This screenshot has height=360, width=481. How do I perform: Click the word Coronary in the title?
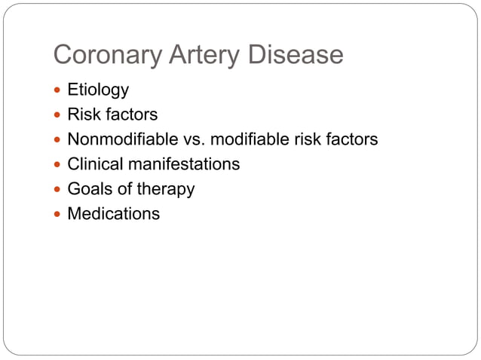(x=105, y=55)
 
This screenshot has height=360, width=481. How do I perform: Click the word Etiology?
(x=98, y=90)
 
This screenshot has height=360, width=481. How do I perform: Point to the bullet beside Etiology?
(x=58, y=90)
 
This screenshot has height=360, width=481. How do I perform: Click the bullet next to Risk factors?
(x=58, y=115)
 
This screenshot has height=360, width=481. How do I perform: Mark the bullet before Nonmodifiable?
(x=58, y=140)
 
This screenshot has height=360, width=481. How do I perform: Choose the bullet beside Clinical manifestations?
(x=58, y=164)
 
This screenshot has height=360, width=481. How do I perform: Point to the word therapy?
(x=166, y=189)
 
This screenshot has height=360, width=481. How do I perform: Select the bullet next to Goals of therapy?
(x=58, y=189)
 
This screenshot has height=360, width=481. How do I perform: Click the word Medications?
(x=113, y=213)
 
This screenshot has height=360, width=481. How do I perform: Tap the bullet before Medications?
(x=58, y=214)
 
